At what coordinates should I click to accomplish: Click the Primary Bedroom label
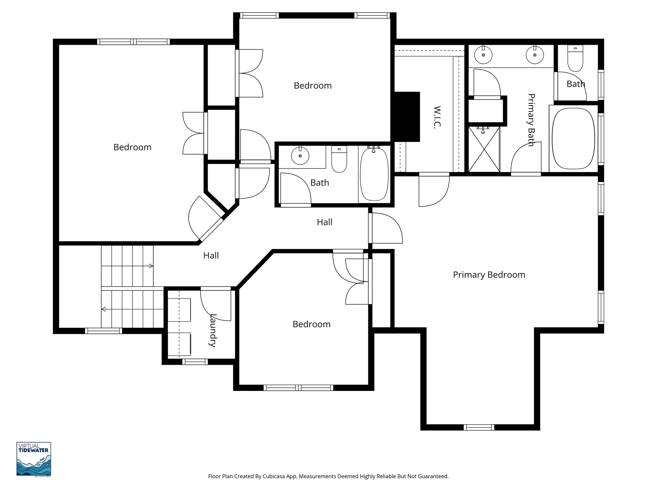pyautogui.click(x=489, y=275)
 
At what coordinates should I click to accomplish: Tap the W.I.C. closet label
pyautogui.click(x=437, y=117)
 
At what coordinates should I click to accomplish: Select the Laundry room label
pyautogui.click(x=212, y=330)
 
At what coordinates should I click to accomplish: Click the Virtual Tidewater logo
pyautogui.click(x=34, y=459)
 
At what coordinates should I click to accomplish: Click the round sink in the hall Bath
pyautogui.click(x=300, y=156)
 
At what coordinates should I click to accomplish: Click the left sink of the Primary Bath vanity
pyautogui.click(x=483, y=55)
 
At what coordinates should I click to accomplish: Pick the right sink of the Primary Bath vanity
pyautogui.click(x=535, y=55)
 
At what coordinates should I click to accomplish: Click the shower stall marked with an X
pyautogui.click(x=484, y=149)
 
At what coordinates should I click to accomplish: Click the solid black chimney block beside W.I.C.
pyautogui.click(x=406, y=117)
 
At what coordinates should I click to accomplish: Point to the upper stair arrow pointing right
pyautogui.click(x=151, y=266)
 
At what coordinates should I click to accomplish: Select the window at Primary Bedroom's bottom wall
pyautogui.click(x=479, y=427)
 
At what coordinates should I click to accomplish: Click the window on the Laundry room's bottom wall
pyautogui.click(x=195, y=362)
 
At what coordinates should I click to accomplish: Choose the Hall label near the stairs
pyautogui.click(x=211, y=255)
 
